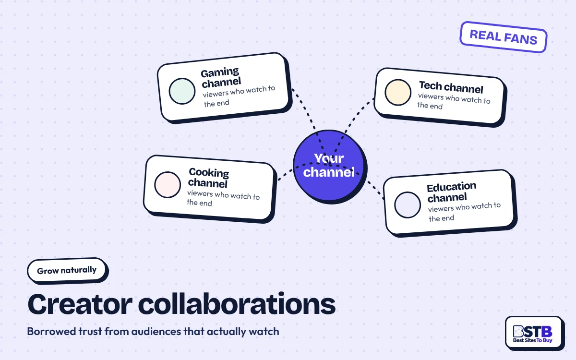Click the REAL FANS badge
click(503, 37)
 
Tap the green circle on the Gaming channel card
click(182, 91)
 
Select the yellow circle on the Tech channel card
click(398, 92)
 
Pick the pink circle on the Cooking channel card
click(168, 185)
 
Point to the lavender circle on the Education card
click(408, 205)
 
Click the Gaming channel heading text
click(221, 77)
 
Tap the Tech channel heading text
click(451, 87)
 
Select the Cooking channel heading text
click(208, 178)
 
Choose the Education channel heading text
click(452, 192)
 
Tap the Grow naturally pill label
click(67, 270)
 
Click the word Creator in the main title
click(80, 304)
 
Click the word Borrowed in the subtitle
click(51, 331)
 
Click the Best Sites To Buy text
click(532, 340)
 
